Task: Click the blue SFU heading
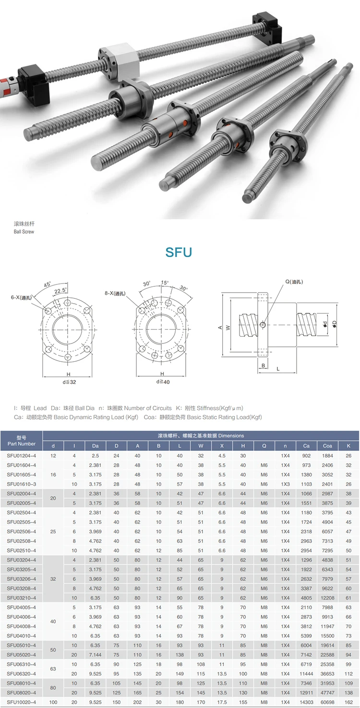pyautogui.click(x=179, y=252)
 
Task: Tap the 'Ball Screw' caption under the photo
pyautogui.click(x=24, y=232)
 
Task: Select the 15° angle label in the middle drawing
pyautogui.click(x=165, y=283)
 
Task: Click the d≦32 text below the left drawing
pyautogui.click(x=69, y=382)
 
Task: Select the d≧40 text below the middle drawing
pyautogui.click(x=162, y=382)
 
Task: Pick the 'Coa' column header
pyautogui.click(x=327, y=446)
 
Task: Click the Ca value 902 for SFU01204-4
pyautogui.click(x=306, y=456)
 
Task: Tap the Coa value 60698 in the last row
pyautogui.click(x=327, y=702)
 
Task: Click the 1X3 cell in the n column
pyautogui.click(x=285, y=484)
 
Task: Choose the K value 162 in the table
pyautogui.click(x=348, y=702)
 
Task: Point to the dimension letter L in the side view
pyautogui.click(x=278, y=368)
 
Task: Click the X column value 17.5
pyautogui.click(x=222, y=702)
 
